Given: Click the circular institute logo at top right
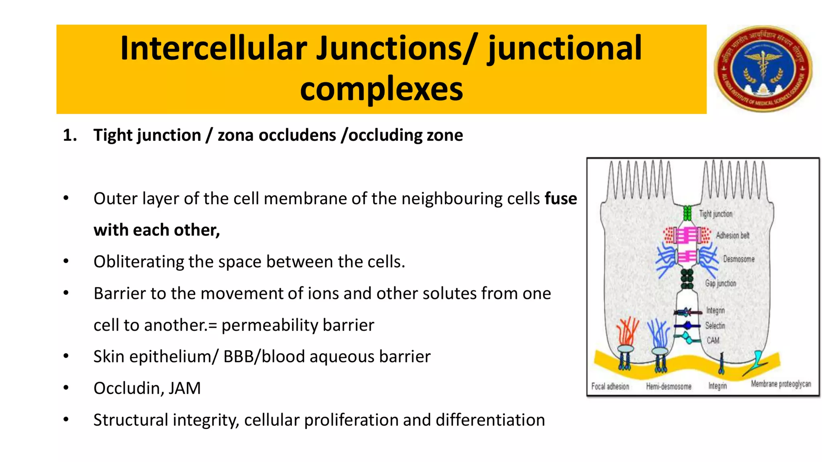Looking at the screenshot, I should click(x=763, y=69).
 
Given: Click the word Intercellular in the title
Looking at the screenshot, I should click(x=213, y=49).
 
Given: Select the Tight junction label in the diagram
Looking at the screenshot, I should click(x=716, y=214).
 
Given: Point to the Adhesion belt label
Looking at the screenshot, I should click(x=732, y=235).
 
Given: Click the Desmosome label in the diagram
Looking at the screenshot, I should click(x=739, y=259).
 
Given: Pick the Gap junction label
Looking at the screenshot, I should click(x=720, y=283).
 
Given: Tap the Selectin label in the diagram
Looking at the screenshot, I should click(x=715, y=326).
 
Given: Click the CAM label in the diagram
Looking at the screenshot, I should click(x=713, y=340).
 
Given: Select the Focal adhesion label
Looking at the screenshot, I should click(x=610, y=386).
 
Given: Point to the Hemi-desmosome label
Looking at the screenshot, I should click(x=669, y=387).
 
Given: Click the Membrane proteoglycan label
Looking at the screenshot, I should click(x=781, y=384).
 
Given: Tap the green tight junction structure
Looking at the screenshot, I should click(x=688, y=213).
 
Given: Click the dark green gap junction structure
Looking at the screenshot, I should click(x=687, y=279).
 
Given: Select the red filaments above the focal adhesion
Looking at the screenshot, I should click(x=627, y=331).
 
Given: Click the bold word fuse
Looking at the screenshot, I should click(x=561, y=199).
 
